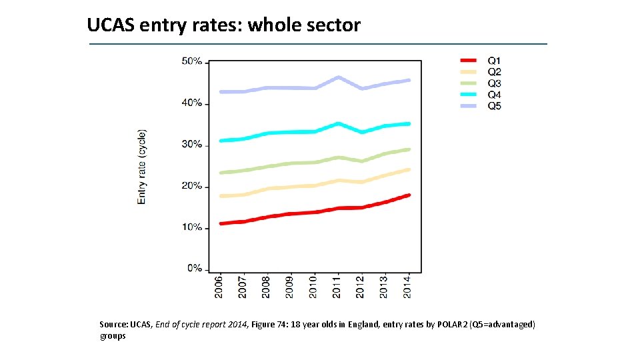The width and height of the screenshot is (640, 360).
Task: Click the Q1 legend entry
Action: point(494,61)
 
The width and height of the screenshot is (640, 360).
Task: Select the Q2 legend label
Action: point(494,72)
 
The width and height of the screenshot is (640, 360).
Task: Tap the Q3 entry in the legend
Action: point(494,83)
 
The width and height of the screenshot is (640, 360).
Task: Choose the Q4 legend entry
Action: point(494,95)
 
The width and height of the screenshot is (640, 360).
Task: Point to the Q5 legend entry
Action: point(494,106)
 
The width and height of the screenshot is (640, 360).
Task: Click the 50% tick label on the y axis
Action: point(192,61)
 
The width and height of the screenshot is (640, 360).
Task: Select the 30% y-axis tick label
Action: point(192,145)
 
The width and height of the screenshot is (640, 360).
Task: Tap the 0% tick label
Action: point(195,269)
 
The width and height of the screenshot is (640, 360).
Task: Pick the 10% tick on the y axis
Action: point(192,227)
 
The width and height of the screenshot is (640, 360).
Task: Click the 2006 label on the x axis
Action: point(219,287)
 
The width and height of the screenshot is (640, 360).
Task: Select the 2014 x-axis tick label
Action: point(408,287)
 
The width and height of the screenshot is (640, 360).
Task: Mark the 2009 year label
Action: point(290,287)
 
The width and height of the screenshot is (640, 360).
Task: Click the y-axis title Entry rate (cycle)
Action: point(142,167)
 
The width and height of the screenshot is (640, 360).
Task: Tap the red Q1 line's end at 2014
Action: point(408,195)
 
